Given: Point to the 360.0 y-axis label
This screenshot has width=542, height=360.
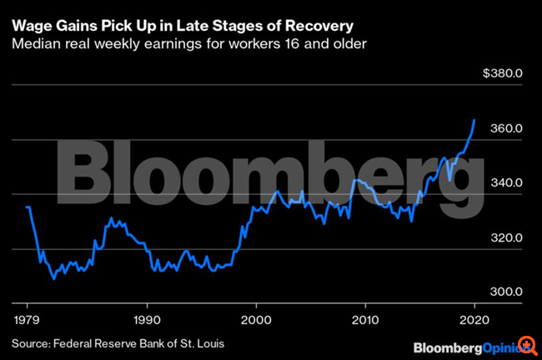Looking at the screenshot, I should coord(505,128).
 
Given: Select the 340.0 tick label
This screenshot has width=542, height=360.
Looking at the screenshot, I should coord(505,183).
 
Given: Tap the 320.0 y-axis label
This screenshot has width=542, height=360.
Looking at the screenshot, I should coord(505,238).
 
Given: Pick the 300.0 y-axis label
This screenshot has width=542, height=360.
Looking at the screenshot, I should coord(505,292).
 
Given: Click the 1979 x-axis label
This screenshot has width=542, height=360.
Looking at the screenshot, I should coord(26,318).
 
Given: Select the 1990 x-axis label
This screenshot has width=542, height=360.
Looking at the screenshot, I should coord(147,318).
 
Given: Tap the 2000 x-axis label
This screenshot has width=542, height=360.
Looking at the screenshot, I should coord(257,318).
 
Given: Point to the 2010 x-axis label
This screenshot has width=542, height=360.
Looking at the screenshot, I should coord(366,318).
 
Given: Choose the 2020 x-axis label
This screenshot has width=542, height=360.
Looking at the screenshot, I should coord(475,318).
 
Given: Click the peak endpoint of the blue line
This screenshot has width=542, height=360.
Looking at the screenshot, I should coord(474,120).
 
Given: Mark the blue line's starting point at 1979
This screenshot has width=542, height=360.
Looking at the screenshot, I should coord(27,207).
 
